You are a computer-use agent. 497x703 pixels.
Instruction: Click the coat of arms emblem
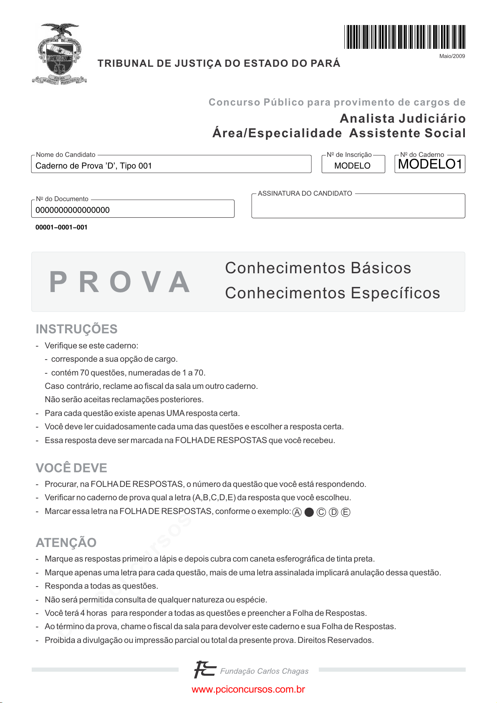coord(60,54)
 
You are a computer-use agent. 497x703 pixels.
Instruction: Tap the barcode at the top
coord(404,37)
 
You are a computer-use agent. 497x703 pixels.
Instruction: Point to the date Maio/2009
coord(452,56)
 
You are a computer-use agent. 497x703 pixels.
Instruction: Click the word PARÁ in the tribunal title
coord(325,63)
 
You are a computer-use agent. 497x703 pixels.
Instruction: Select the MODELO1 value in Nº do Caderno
coord(430,164)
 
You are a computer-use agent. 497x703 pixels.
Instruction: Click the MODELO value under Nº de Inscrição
coord(352,166)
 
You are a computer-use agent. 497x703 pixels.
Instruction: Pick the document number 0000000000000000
coord(73,210)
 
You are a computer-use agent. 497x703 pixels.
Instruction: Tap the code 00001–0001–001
coord(61,227)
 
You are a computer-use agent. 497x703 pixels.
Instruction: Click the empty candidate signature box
coord(358,207)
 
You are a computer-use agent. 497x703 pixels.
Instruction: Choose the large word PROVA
coord(120,282)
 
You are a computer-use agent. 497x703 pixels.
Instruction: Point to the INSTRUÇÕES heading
coord(76,329)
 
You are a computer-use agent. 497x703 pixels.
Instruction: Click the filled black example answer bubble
coord(309,512)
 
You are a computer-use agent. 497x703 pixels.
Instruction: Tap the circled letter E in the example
coord(346,512)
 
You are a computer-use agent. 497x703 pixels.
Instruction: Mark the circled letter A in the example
coord(297,512)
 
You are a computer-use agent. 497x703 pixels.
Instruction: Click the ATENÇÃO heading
coord(66,543)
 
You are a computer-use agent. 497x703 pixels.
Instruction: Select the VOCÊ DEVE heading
coord(71,468)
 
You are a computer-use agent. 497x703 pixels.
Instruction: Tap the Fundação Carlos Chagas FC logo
coord(205,670)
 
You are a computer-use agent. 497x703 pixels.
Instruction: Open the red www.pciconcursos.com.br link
coord(248,690)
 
